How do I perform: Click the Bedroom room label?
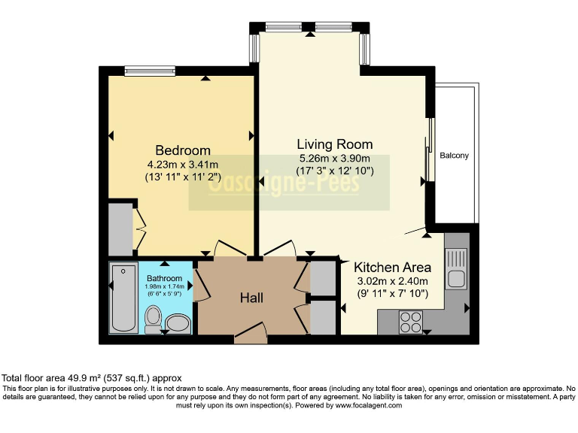point(183,150)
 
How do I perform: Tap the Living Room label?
point(335,144)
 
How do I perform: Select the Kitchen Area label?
point(392,267)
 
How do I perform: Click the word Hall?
point(252,298)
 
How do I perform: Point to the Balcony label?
point(454,156)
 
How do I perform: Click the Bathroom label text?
point(164,278)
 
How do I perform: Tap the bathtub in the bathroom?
point(123,298)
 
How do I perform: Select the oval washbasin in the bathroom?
point(178,324)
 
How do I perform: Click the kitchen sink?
point(456,268)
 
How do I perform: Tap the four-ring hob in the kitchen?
point(411,322)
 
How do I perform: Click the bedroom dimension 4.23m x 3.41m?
point(183,164)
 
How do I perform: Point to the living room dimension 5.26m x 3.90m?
point(335,159)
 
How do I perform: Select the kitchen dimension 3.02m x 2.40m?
point(393,281)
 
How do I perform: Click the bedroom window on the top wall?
point(150,71)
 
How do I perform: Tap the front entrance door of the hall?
point(251,333)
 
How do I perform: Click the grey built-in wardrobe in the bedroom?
point(120,229)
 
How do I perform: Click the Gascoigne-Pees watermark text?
point(284,183)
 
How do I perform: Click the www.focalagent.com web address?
point(368,405)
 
